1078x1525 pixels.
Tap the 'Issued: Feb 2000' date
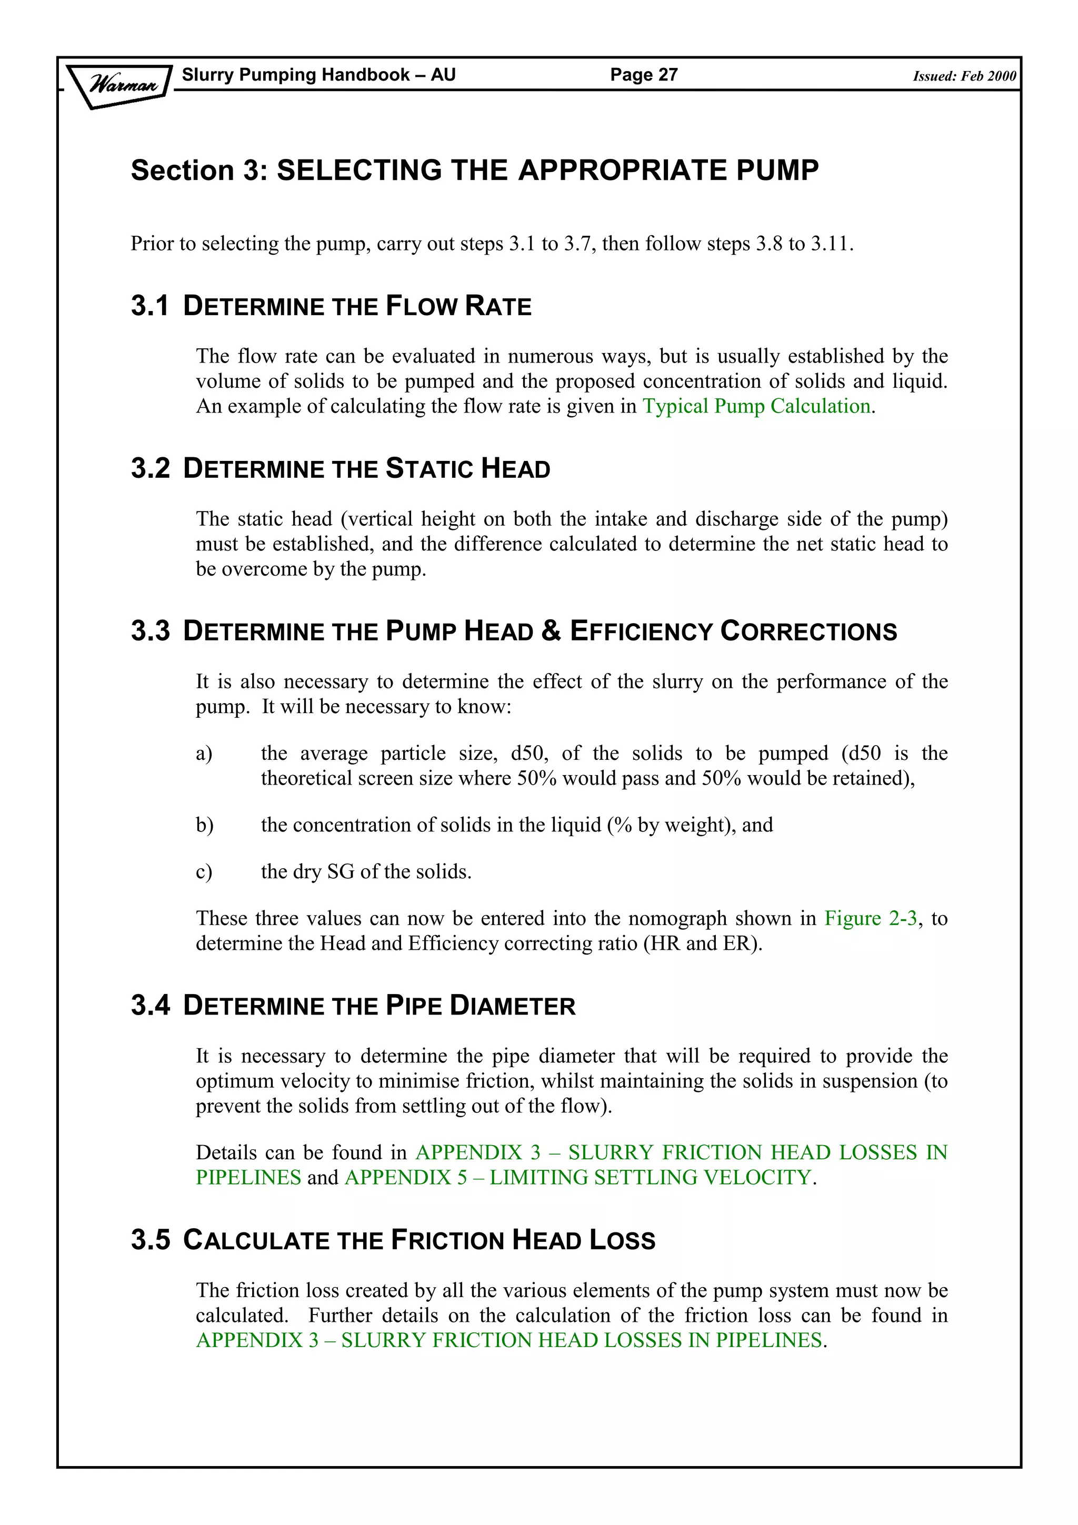964,76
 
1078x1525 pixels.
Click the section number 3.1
149,306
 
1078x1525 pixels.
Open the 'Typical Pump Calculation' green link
756,406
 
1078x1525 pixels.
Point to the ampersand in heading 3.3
551,631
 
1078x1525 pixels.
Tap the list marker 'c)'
204,872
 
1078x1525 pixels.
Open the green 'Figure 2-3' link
871,919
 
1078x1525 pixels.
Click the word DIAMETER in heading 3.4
512,1006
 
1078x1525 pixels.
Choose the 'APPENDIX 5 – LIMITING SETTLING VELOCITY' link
578,1178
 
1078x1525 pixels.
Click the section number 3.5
150,1240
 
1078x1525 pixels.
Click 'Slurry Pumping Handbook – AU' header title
319,74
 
